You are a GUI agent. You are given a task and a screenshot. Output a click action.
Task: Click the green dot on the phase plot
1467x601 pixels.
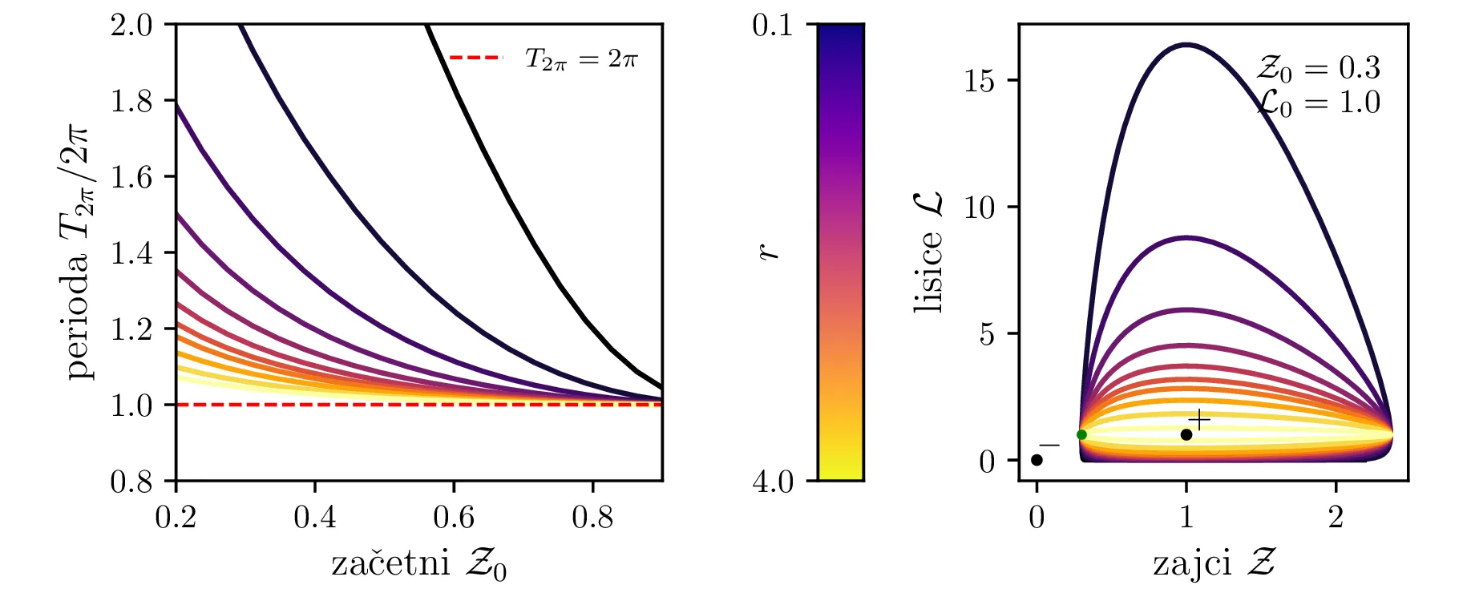pos(1081,434)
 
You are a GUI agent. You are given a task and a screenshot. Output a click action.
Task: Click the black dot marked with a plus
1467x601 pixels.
pos(1186,434)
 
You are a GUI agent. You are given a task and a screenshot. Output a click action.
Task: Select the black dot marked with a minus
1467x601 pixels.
pos(1037,460)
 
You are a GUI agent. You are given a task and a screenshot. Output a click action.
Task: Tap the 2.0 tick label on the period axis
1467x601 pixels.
pos(131,25)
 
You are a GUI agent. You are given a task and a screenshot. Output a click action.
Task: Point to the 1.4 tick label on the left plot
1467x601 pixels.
pos(131,253)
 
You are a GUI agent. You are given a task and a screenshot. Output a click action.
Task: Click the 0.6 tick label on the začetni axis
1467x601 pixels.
pos(454,518)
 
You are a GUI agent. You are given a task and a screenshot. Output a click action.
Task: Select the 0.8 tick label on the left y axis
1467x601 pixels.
pos(131,482)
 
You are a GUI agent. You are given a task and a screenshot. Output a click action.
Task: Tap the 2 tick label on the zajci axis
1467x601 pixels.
pos(1336,518)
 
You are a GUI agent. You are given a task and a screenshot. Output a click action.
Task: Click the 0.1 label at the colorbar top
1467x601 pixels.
pos(773,26)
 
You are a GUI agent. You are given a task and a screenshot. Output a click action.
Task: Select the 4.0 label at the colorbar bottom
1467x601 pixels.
pos(773,482)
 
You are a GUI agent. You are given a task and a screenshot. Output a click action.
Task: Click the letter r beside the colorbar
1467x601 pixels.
pos(769,252)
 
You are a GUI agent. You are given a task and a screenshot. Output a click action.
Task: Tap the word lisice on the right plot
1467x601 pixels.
pos(927,272)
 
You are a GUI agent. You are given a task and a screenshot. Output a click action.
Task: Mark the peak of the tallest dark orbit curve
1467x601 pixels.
pos(1186,45)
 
